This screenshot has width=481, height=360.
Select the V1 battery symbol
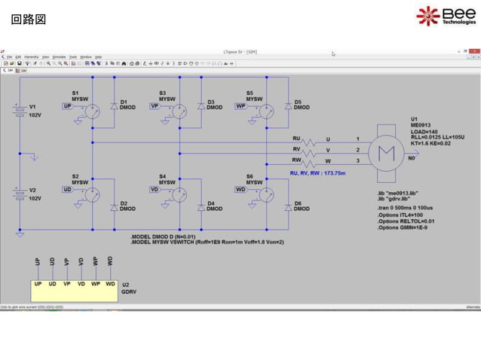click(x=20, y=112)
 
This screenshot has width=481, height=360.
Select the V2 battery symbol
click(x=20, y=194)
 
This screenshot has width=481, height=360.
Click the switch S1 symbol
click(x=91, y=111)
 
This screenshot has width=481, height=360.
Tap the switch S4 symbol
click(x=179, y=194)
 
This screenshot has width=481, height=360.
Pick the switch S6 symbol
click(x=265, y=194)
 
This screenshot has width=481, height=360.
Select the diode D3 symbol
click(x=201, y=107)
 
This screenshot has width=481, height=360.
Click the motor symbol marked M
click(x=386, y=150)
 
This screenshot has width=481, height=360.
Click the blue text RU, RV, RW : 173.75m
click(x=317, y=172)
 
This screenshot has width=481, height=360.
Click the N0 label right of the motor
click(x=411, y=159)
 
